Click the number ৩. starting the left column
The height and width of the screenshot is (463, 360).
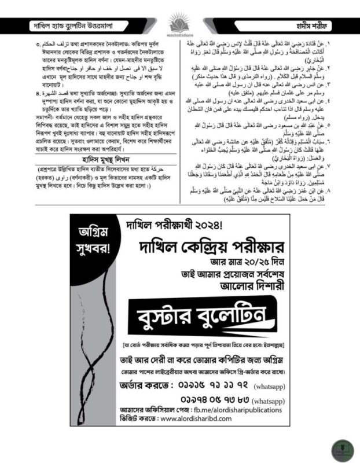[38, 44]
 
